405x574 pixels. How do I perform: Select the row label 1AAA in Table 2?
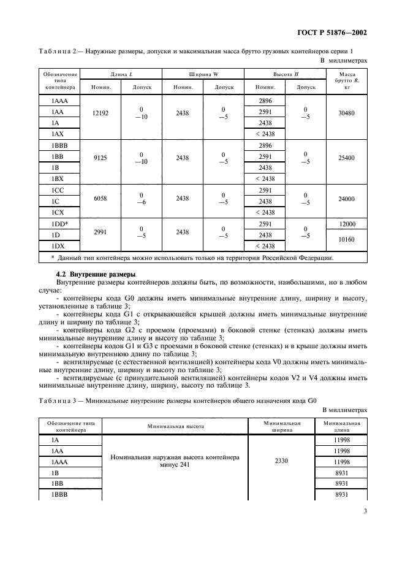click(x=60, y=101)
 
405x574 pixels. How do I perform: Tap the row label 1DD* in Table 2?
click(x=61, y=224)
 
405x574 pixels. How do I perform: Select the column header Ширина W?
click(x=203, y=74)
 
